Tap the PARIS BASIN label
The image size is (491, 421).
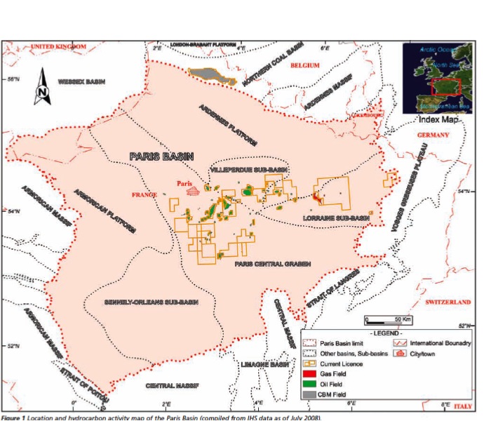point(161,156)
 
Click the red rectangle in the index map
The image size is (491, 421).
point(445,86)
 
